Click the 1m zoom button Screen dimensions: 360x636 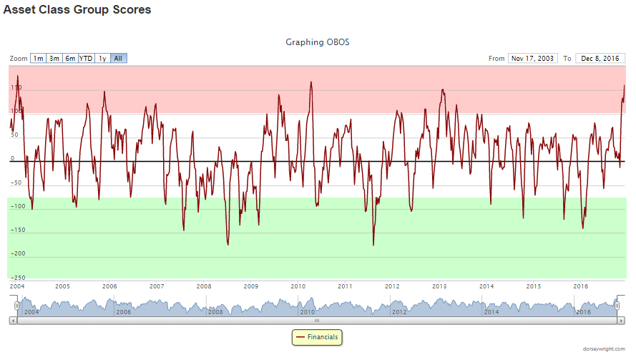[38, 58]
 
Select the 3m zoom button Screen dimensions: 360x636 [54, 58]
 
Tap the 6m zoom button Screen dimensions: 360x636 [70, 58]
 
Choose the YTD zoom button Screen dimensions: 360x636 [86, 58]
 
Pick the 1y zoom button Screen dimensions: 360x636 [103, 58]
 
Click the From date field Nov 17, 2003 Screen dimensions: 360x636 [533, 58]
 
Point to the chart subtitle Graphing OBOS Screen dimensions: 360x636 [318, 42]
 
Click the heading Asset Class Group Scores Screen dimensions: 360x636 [77, 11]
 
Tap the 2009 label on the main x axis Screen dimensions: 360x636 [250, 286]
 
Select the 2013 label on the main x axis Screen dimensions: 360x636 [439, 286]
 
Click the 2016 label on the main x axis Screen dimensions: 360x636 [581, 286]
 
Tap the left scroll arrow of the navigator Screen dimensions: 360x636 [12, 321]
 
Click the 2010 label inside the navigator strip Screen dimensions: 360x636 [308, 312]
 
